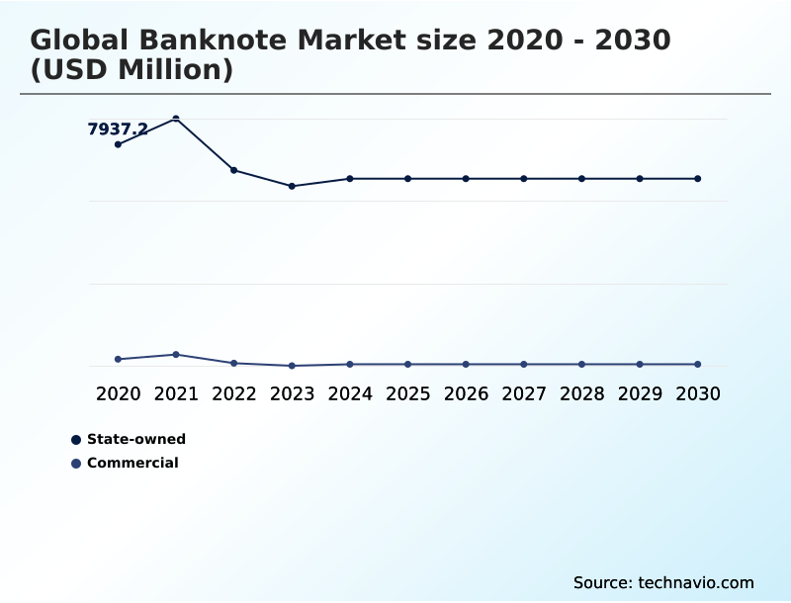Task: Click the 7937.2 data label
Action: click(118, 129)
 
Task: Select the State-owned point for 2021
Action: click(176, 119)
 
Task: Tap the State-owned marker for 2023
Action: click(292, 186)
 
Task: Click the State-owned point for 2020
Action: click(118, 144)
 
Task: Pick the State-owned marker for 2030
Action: click(697, 179)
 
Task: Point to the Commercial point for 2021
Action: click(176, 354)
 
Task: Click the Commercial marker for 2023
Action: click(292, 366)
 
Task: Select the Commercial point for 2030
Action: click(697, 364)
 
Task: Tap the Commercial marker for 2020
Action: click(118, 359)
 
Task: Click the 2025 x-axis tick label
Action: click(407, 393)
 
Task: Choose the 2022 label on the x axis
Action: click(233, 393)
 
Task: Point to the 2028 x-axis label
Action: click(581, 393)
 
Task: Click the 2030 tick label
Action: click(697, 393)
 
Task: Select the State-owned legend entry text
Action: click(136, 439)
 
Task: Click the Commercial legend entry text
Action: click(132, 463)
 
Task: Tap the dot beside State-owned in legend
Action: click(76, 440)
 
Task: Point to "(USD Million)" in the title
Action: click(132, 70)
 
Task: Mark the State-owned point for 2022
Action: click(233, 170)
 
